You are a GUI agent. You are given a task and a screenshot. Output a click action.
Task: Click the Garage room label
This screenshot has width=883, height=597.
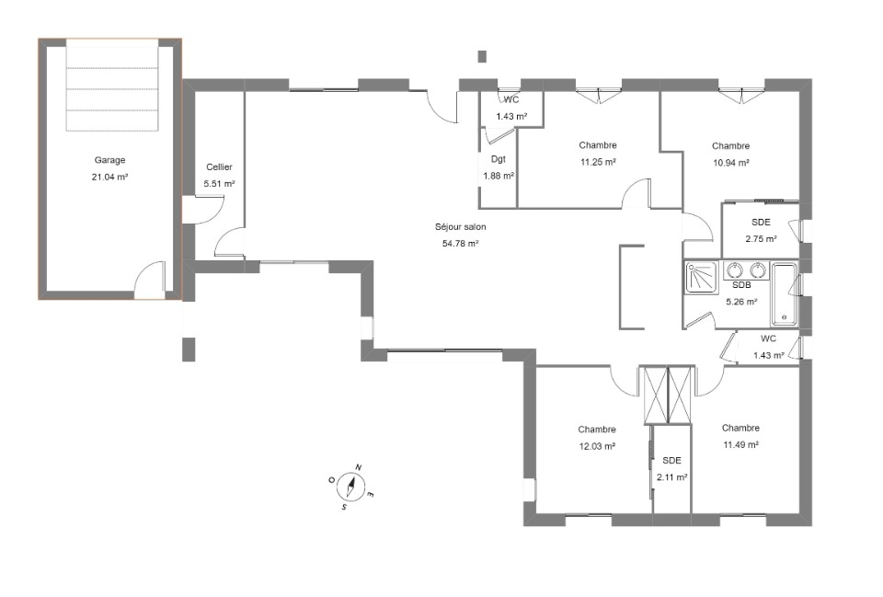click(x=109, y=160)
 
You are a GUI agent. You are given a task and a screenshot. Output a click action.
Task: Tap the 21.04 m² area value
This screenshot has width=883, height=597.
click(x=109, y=177)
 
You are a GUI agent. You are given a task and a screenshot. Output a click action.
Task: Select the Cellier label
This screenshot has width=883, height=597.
click(x=219, y=166)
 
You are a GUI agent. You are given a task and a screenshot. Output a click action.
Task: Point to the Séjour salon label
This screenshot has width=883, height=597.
click(x=461, y=227)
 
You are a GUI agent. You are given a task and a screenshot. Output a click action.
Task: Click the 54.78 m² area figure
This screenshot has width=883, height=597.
click(x=461, y=243)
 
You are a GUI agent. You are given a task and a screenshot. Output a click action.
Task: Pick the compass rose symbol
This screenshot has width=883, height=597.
click(x=352, y=487)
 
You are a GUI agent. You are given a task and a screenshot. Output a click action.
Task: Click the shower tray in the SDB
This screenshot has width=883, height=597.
click(x=702, y=277)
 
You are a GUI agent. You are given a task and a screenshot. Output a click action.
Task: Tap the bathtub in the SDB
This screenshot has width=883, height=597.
click(x=784, y=293)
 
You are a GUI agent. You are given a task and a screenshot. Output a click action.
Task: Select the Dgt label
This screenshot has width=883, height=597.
click(x=499, y=159)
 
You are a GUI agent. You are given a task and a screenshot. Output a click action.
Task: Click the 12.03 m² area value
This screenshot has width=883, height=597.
click(x=597, y=446)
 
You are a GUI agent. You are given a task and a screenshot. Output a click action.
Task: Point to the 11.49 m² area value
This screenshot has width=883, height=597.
click(x=741, y=444)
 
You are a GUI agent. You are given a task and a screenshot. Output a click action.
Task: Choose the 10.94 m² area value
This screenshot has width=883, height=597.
click(x=731, y=163)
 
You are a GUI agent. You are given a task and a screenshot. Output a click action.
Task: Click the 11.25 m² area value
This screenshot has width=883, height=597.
click(x=598, y=162)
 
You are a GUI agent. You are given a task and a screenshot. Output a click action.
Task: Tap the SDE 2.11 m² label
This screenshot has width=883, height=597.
click(x=671, y=468)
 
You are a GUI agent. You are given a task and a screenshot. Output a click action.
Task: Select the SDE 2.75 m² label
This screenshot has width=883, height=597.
click(x=762, y=230)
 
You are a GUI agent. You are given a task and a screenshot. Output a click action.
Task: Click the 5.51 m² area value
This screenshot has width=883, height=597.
click(x=219, y=184)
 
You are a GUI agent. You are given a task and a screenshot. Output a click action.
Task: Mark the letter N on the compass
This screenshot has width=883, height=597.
click(x=359, y=467)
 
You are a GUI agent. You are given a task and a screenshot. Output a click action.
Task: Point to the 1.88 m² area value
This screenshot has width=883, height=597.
click(x=499, y=176)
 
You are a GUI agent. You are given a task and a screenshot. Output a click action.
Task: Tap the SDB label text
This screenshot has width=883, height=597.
click(x=741, y=285)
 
